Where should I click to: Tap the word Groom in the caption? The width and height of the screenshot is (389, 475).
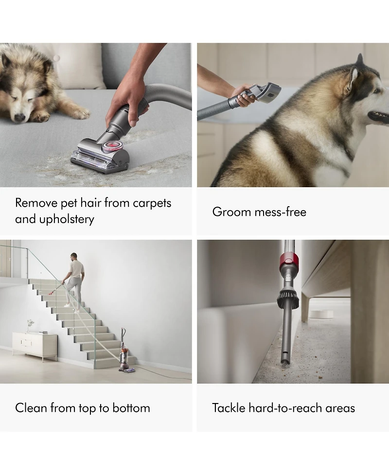coord(231,212)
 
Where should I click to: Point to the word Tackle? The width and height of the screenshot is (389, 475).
coord(229,408)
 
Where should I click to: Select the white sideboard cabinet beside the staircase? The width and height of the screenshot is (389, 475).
coord(35,343)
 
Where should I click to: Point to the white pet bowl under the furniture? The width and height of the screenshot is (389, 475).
coord(321,314)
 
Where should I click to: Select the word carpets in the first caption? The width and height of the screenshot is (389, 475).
coord(152,203)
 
